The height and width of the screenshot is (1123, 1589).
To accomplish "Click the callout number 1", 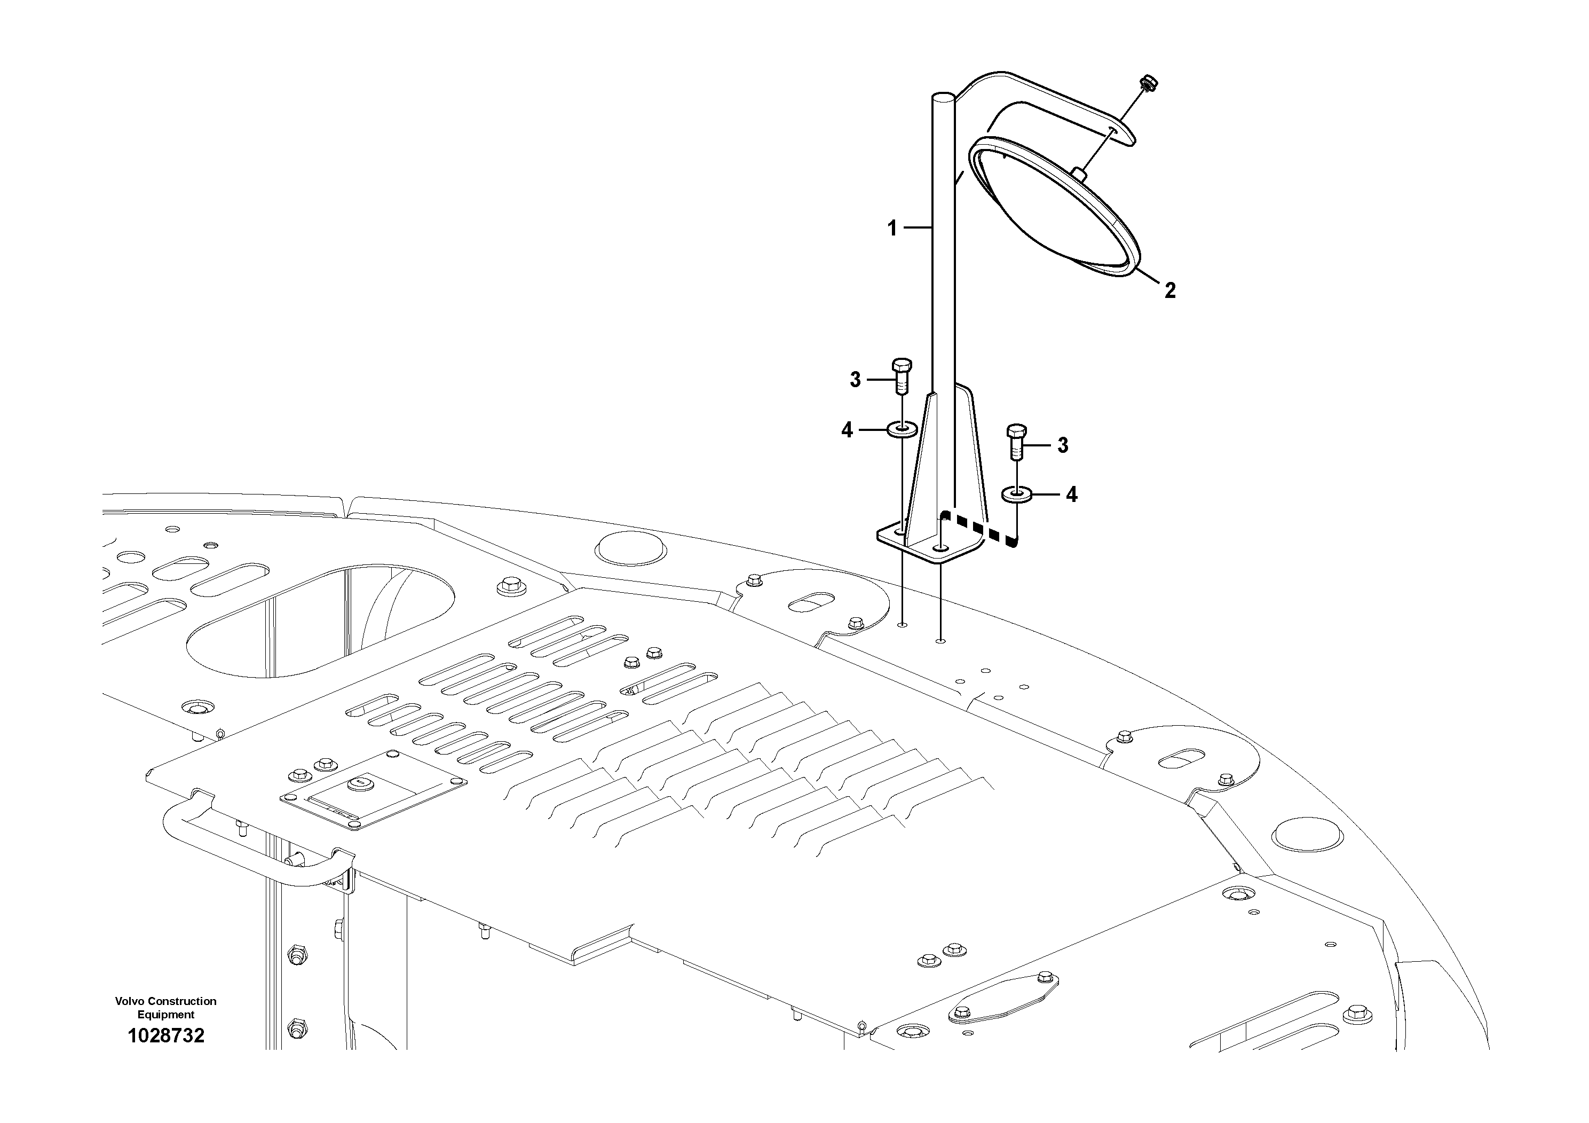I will tap(892, 228).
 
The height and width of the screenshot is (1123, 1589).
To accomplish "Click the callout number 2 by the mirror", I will tap(1169, 290).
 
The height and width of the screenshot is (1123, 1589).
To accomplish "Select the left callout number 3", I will tap(856, 380).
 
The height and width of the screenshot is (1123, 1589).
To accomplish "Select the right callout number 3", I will tap(1063, 445).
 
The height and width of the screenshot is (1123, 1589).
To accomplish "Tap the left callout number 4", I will tap(847, 430).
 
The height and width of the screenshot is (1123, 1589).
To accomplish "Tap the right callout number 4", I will tap(1071, 494).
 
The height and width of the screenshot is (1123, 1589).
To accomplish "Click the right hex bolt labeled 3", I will tap(1015, 442).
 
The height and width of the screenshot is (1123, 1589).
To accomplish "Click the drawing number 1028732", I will tap(166, 1036).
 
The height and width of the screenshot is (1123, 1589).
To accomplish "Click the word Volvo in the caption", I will tap(131, 1001).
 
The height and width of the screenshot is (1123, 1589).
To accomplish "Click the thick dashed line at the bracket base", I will tap(983, 530).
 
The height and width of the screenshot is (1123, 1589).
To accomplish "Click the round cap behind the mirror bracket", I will tap(632, 549).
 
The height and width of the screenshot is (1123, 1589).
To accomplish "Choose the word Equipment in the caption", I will tap(166, 1015).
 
